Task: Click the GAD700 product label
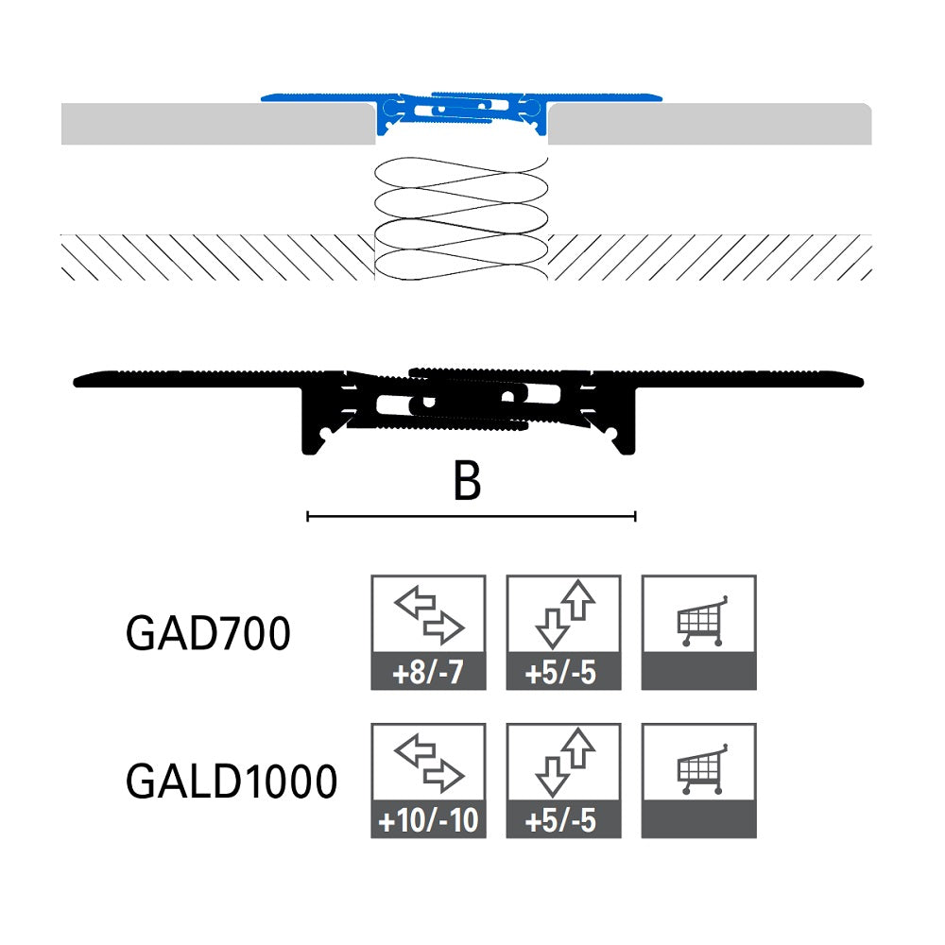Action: [x=208, y=635]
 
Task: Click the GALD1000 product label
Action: [x=232, y=782]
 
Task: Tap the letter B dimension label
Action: [x=467, y=482]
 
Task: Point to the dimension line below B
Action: [x=471, y=516]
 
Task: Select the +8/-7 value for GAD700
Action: [x=428, y=675]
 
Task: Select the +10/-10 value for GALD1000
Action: [x=428, y=822]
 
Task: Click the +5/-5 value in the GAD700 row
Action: [x=563, y=675]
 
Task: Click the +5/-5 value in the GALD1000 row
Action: [x=563, y=822]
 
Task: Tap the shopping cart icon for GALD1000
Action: [x=699, y=769]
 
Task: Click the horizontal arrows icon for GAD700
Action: [x=428, y=615]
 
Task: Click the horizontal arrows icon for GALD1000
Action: [x=428, y=764]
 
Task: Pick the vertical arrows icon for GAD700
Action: [x=563, y=615]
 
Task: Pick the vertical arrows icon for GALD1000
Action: [x=563, y=764]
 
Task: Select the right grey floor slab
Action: [x=709, y=124]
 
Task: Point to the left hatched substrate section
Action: [x=217, y=257]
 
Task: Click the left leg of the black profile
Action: [x=313, y=421]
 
